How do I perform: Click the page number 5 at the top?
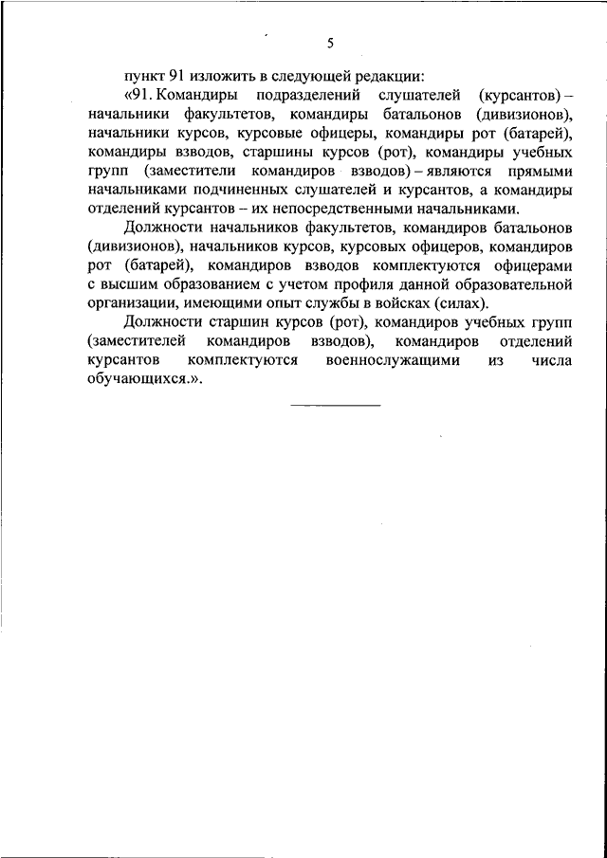331,44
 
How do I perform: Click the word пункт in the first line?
145,77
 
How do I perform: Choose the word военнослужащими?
393,360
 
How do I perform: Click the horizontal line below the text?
335,406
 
